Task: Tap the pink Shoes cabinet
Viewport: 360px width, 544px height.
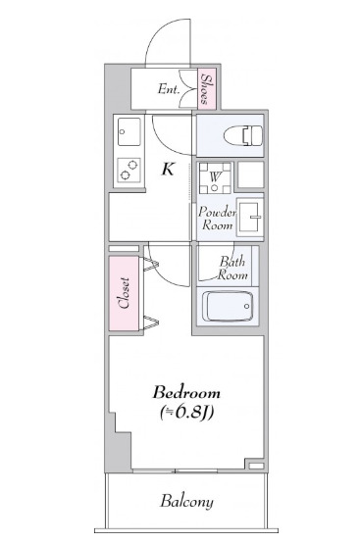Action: pos(207,89)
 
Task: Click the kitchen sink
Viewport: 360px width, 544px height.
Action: pos(129,129)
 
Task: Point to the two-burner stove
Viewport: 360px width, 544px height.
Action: pos(129,170)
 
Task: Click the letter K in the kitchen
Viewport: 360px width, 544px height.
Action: pos(169,169)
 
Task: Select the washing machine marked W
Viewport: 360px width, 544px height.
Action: pos(214,177)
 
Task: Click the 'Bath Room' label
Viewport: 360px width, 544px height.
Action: pos(232,268)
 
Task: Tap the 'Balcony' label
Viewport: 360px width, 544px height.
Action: pos(186,502)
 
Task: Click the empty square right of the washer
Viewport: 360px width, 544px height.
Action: pos(250,174)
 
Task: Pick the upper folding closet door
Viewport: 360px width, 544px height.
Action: pos(150,263)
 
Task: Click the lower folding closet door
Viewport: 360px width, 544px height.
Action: pos(150,321)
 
